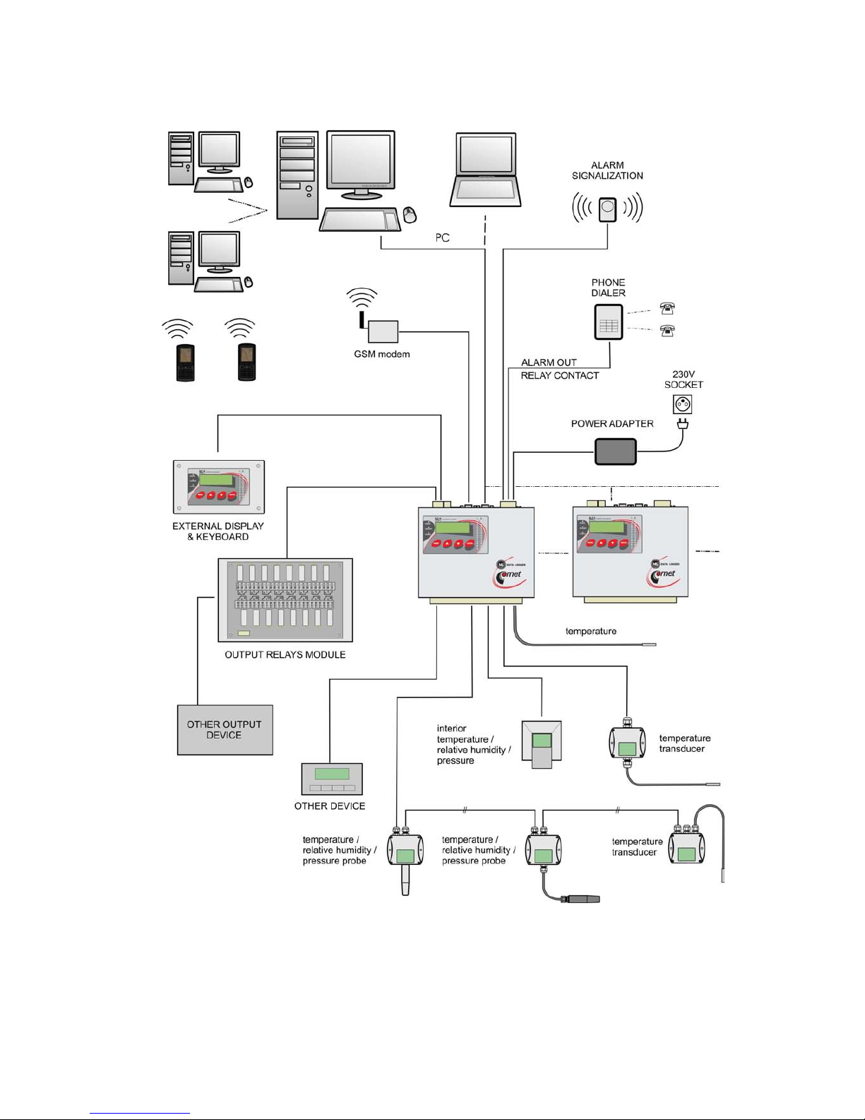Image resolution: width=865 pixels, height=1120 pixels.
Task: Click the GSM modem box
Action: pos(383,331)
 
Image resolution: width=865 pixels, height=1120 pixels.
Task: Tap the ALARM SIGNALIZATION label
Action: pos(607,170)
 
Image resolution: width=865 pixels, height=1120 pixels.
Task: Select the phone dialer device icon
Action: pos(608,322)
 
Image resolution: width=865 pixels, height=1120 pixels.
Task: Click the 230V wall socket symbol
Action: pos(682,404)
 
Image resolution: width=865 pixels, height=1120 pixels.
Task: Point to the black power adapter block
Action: pos(615,452)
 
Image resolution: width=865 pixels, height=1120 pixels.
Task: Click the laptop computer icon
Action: pos(486,169)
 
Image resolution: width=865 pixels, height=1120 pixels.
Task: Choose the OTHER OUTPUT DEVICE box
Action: pos(225,730)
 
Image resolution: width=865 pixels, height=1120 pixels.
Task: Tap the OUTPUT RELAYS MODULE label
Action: pos(285,655)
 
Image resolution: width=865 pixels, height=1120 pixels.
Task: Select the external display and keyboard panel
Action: pos(219,487)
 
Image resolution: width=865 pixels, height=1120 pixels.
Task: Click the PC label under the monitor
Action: pos(442,238)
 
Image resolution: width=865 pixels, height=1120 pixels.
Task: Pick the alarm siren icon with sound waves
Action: pos(607,209)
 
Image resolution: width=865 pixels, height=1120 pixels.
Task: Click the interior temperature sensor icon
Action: pos(542,744)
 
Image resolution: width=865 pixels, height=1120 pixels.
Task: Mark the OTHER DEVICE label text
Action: pos(330,806)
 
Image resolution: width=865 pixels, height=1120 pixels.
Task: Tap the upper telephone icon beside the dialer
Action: pos(667,308)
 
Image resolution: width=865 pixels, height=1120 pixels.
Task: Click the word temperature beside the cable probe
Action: pos(591,631)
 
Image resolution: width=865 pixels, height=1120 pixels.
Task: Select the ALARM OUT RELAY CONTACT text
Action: pos(559,369)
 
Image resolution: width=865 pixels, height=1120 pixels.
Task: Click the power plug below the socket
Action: pos(682,425)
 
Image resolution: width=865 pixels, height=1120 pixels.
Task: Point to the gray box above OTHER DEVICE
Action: pos(332,779)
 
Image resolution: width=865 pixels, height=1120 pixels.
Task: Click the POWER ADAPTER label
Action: pos(612,424)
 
